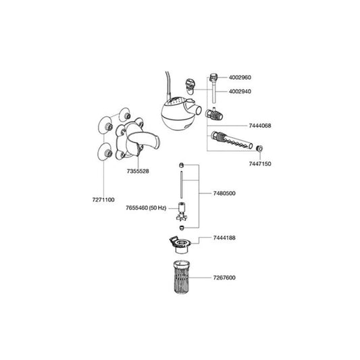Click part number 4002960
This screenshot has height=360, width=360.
[240, 78]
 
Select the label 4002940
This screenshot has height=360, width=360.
[240, 91]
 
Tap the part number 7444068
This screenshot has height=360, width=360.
[260, 126]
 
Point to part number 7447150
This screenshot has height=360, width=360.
[260, 163]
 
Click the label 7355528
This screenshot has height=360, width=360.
[138, 171]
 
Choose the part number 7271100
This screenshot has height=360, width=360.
[103, 200]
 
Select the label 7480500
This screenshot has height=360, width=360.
[224, 193]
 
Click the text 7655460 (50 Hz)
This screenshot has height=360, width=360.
[146, 208]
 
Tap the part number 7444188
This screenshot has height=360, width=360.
[224, 238]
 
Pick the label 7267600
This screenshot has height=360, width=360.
[224, 278]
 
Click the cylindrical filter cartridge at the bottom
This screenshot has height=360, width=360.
[182, 277]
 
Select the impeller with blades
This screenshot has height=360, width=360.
[182, 212]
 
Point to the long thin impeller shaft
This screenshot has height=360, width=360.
[182, 184]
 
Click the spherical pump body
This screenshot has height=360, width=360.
[176, 114]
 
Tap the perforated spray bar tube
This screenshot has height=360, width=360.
[232, 140]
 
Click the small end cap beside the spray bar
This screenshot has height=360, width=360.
[259, 149]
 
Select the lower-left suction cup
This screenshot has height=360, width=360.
[105, 152]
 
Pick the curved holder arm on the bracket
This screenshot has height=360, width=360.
[143, 140]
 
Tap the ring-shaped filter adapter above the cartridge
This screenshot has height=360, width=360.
[180, 245]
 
